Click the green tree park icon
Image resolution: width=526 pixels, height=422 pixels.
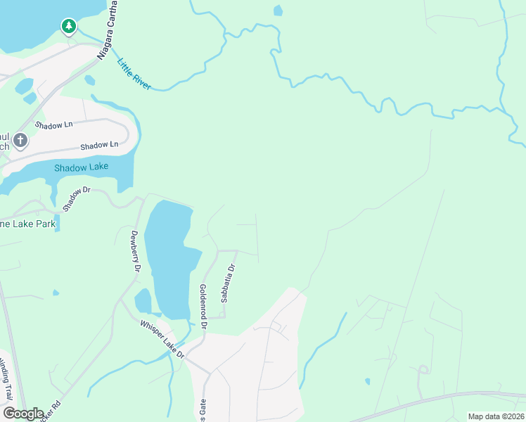click(x=68, y=27)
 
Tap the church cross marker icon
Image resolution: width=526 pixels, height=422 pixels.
click(x=20, y=141)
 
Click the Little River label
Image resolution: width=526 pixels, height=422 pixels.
click(x=134, y=73)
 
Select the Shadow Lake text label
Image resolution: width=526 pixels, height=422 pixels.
click(x=81, y=167)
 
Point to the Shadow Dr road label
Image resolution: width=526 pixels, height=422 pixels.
click(x=77, y=199)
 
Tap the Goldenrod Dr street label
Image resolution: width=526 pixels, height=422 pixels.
click(x=203, y=307)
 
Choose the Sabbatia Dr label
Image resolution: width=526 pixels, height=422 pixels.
click(x=229, y=283)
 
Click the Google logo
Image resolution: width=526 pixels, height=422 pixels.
click(x=23, y=414)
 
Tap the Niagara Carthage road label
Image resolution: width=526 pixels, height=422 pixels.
click(x=108, y=32)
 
